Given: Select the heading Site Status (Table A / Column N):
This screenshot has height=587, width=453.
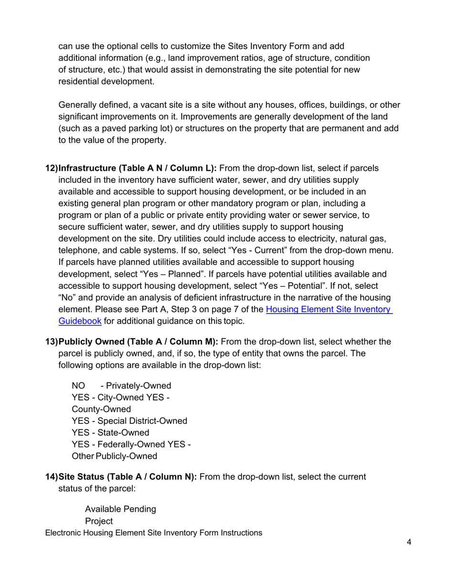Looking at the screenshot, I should tap(127, 477).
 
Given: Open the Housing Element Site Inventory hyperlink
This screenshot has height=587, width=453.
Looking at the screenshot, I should tap(329, 309).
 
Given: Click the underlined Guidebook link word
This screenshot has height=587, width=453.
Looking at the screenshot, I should tap(80, 321).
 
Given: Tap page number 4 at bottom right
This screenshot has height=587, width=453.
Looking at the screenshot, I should tap(409, 542).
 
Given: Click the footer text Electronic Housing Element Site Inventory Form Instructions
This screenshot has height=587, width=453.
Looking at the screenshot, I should tap(154, 533).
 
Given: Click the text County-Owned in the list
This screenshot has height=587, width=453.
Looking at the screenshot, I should tap(101, 409).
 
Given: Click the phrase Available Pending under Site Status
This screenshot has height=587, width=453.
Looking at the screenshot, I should tap(120, 509).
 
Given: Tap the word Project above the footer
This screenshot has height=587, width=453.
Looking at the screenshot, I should tap(99, 521).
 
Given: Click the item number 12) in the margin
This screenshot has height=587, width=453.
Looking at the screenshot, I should tap(51, 168).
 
